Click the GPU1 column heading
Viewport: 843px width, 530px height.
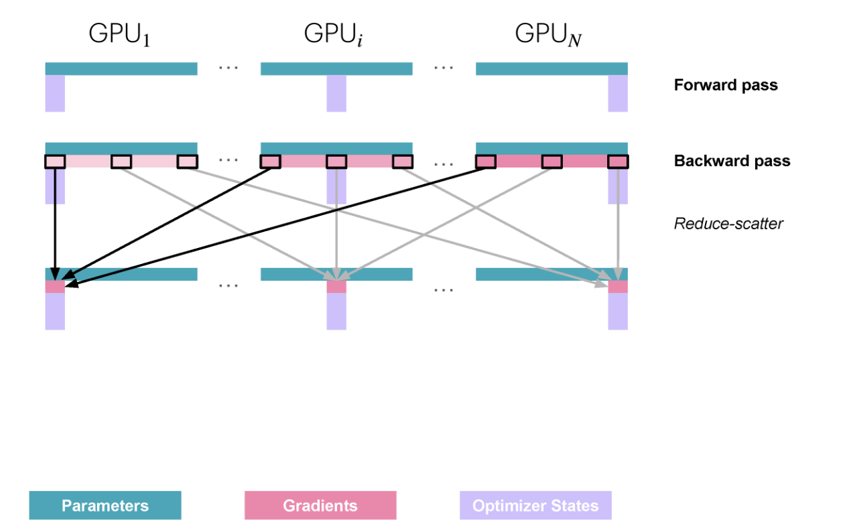[120, 35]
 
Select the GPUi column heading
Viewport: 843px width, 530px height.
[335, 35]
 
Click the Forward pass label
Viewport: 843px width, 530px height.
[726, 85]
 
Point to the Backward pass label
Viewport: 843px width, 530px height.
[732, 161]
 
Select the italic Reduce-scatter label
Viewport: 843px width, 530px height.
[728, 224]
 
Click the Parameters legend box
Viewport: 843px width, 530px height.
[105, 505]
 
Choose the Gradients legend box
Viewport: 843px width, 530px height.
[320, 505]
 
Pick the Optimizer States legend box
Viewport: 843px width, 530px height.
[535, 505]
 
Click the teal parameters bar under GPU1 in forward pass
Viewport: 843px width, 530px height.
[121, 68]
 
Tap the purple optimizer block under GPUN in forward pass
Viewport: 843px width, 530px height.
[618, 93]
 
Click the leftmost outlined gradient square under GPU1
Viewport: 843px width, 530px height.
[55, 161]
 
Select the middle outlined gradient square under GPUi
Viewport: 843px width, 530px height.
[336, 161]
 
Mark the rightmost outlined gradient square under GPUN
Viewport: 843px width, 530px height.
[618, 161]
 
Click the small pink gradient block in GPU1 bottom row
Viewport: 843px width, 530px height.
[55, 287]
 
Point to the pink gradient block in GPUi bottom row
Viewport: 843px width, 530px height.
[336, 287]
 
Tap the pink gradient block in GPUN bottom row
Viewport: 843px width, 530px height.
[618, 287]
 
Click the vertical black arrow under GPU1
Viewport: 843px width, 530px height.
[55, 221]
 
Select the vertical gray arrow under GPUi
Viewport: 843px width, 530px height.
[336, 221]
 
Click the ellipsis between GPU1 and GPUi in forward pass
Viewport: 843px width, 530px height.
[229, 68]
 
